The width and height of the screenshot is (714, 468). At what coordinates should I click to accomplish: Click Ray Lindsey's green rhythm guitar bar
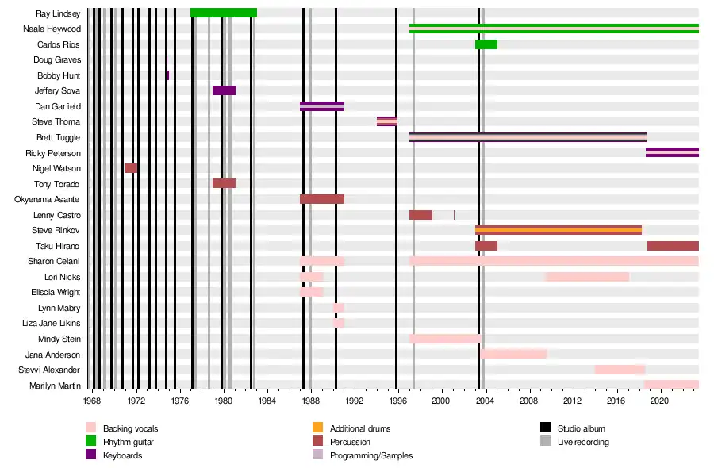[223, 13]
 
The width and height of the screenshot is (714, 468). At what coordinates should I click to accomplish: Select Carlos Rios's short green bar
[486, 44]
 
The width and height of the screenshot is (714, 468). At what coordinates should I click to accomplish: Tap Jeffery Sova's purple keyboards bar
[224, 90]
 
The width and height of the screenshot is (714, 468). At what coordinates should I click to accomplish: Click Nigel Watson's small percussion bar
[131, 168]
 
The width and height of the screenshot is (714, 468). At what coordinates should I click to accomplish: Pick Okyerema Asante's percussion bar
[321, 199]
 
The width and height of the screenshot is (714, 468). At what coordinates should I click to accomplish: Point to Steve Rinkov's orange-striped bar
[558, 230]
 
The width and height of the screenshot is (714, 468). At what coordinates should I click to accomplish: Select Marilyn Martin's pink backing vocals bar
[671, 385]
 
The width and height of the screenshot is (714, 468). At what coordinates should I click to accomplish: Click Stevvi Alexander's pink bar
[620, 370]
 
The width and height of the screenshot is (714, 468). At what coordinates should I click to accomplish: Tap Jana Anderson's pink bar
[513, 354]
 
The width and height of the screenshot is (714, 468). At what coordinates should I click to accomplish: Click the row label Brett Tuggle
[58, 137]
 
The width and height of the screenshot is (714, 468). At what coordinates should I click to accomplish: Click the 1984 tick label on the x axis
[267, 401]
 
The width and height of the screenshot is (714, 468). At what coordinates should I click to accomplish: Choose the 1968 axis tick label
[93, 401]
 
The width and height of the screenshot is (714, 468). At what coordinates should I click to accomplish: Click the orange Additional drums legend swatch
[317, 428]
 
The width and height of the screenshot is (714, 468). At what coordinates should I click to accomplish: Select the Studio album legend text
[581, 428]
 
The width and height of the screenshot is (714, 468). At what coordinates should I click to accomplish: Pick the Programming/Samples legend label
[371, 455]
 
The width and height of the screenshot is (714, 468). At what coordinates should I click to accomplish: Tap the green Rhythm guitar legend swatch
[90, 442]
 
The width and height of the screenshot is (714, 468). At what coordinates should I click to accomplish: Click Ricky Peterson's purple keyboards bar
[672, 152]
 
